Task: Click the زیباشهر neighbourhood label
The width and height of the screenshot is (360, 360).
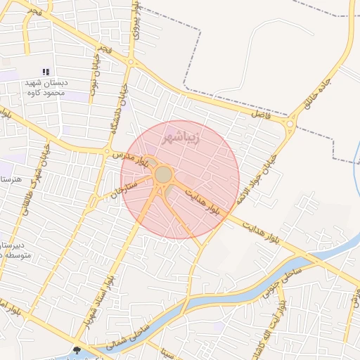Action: (x=181, y=136)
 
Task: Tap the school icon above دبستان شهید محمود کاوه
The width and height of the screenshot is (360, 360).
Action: (x=46, y=72)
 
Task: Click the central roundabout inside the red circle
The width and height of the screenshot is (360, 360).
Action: (x=164, y=174)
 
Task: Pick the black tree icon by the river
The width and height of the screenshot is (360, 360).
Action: (x=77, y=349)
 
